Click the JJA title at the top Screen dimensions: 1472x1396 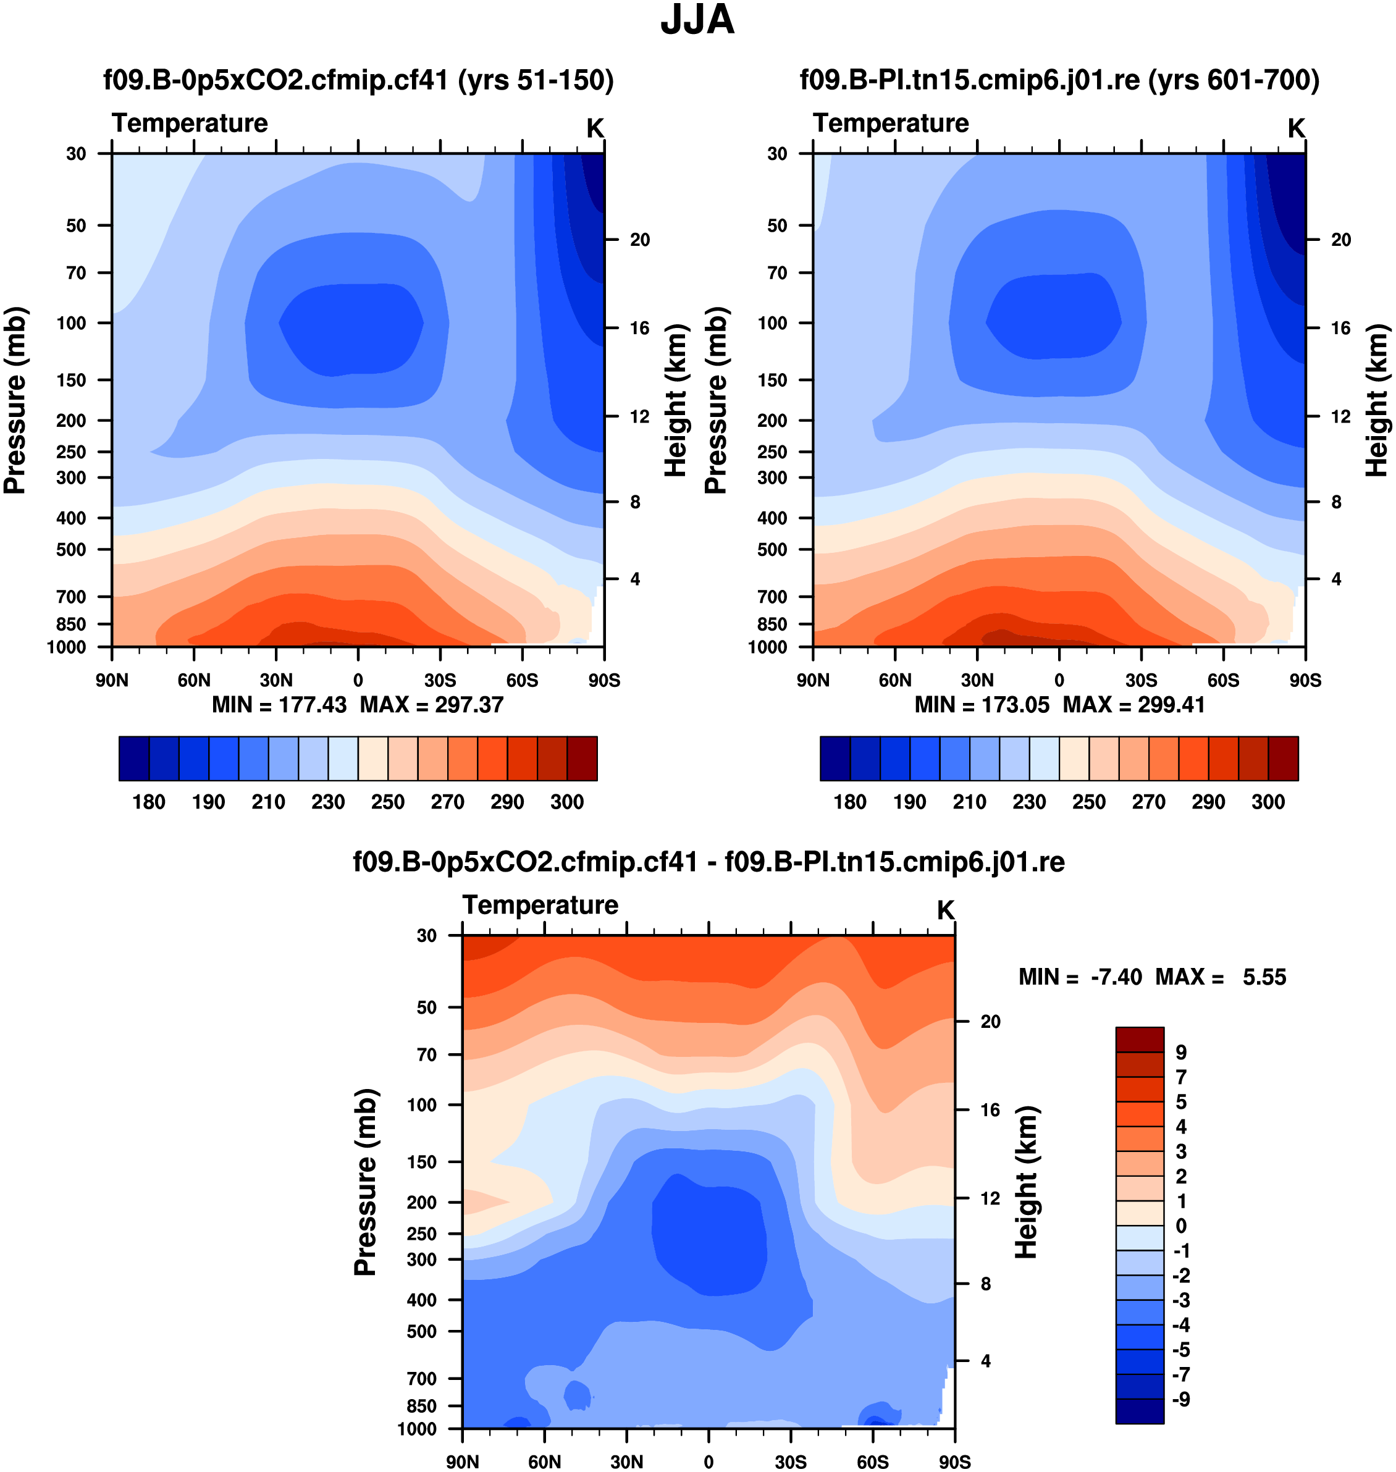pos(697,20)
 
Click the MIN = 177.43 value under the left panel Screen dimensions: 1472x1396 pos(279,705)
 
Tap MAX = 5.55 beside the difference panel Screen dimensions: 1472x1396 pos(1221,977)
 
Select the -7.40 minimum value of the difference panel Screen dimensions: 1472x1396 pos(1116,977)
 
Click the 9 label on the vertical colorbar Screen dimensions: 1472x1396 pos(1181,1053)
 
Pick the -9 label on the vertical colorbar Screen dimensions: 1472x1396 pos(1181,1400)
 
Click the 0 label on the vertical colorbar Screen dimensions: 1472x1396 pos(1181,1226)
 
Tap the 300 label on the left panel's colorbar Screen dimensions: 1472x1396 pos(567,802)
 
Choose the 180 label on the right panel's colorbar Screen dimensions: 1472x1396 pos(850,802)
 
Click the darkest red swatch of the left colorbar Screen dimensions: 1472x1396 pos(582,759)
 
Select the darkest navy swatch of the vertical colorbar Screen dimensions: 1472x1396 pos(1139,1411)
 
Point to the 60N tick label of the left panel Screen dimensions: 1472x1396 pos(193,680)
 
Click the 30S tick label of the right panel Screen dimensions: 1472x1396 pos(1141,680)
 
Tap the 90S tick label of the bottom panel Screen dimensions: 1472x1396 pos(954,1461)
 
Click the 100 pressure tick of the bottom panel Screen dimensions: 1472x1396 pos(422,1104)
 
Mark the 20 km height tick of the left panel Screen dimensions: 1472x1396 pos(639,240)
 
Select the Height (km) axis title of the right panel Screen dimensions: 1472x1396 pos(1377,400)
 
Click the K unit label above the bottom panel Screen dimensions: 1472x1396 pos(945,909)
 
